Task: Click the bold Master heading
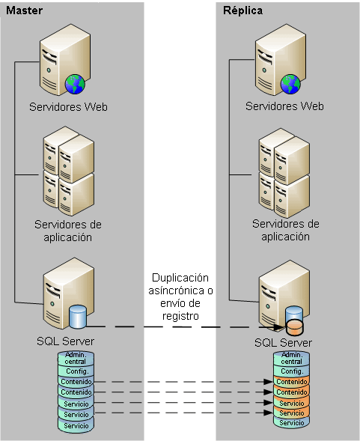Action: click(x=23, y=10)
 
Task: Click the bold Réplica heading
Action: click(x=242, y=10)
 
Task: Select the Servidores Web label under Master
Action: click(x=68, y=106)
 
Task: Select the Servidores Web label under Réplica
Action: click(x=284, y=106)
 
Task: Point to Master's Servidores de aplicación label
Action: click(x=68, y=231)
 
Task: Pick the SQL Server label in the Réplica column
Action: click(x=282, y=342)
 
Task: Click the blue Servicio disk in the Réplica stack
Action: click(x=290, y=422)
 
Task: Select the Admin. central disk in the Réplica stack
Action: click(x=290, y=358)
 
